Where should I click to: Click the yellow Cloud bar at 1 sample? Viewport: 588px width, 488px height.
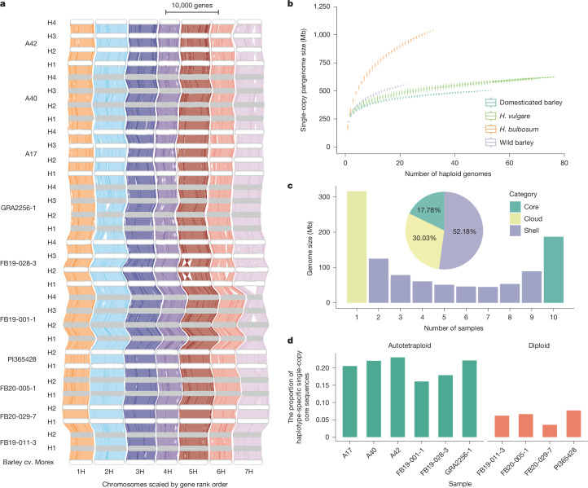click(x=357, y=247)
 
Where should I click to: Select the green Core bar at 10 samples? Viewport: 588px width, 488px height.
click(x=554, y=270)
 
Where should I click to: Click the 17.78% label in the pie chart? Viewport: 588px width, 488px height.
click(x=428, y=210)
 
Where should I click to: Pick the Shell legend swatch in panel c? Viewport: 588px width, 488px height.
click(x=515, y=231)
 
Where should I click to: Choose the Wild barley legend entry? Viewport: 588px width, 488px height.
click(x=509, y=143)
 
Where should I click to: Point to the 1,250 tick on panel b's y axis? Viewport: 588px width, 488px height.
click(x=323, y=7)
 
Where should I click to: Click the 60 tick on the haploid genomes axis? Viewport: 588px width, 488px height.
click(x=509, y=163)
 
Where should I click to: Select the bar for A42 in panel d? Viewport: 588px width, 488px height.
click(x=397, y=398)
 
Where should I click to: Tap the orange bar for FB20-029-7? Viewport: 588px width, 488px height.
click(x=550, y=431)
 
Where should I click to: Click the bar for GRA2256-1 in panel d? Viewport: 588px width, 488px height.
click(x=469, y=398)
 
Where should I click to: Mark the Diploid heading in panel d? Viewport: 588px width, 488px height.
click(x=539, y=345)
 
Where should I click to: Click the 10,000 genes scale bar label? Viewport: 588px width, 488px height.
click(x=192, y=5)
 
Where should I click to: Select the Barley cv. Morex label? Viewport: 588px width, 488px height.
click(x=29, y=462)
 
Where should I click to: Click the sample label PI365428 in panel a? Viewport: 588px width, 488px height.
click(x=22, y=359)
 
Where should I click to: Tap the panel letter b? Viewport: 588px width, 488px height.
click(x=290, y=4)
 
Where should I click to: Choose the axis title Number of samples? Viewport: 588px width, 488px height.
click(x=454, y=328)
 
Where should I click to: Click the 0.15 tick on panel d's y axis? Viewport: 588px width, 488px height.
click(x=323, y=385)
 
